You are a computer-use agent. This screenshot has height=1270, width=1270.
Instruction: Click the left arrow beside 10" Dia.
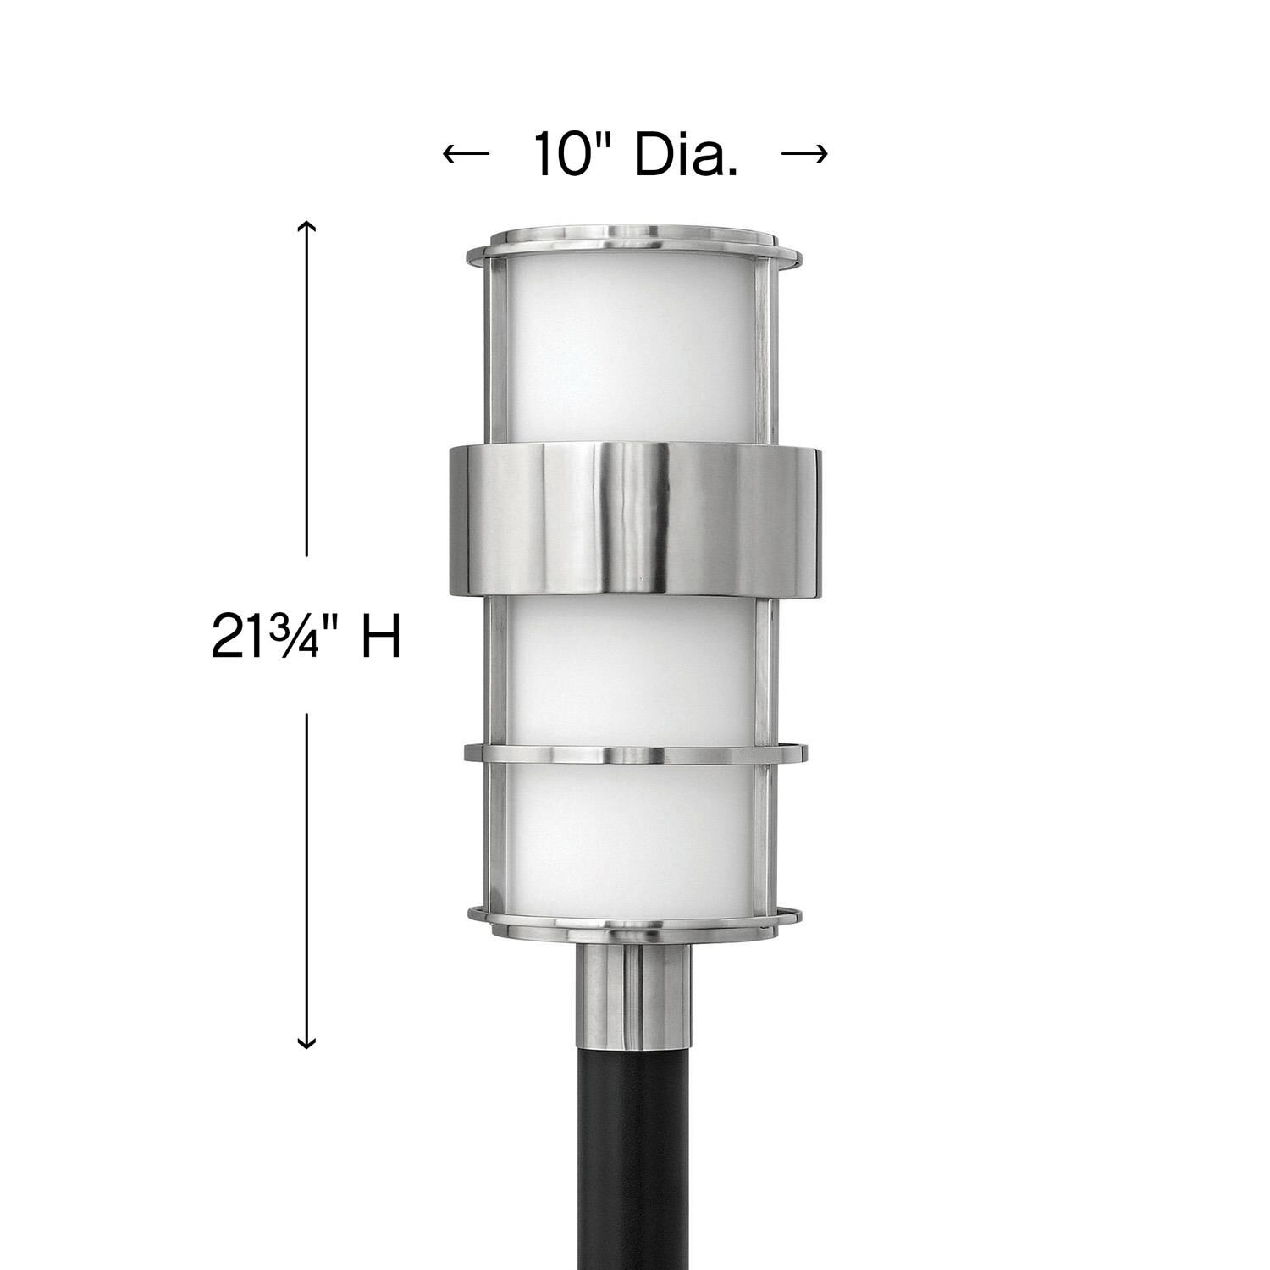pos(466,153)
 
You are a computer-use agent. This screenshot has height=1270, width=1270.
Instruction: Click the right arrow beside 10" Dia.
pos(803,153)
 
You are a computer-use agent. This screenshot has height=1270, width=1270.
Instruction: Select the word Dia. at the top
pos(686,153)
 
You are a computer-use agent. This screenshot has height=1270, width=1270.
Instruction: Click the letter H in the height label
pos(380,637)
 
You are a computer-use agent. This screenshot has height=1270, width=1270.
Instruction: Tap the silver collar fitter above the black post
pos(634,991)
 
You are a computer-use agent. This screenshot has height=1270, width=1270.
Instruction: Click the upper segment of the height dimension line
pos(306,389)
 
